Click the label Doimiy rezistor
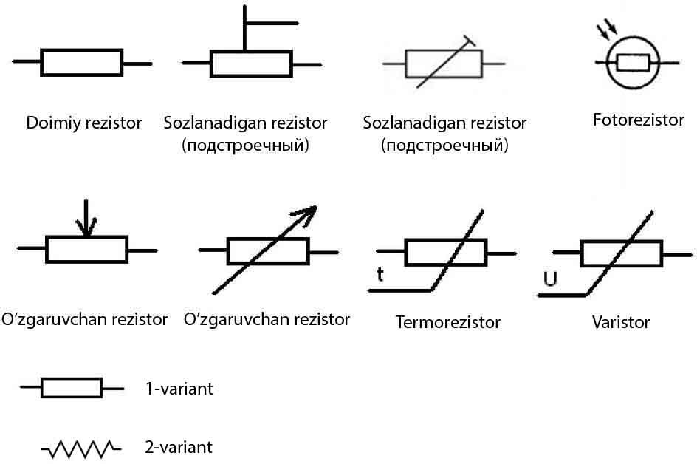tap(83, 123)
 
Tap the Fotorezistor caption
tap(638, 120)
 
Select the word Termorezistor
tap(447, 323)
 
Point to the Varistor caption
tap(620, 323)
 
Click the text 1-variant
tap(179, 389)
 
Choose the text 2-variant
tap(179, 447)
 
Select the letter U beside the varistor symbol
tap(549, 279)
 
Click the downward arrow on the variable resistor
tap(87, 219)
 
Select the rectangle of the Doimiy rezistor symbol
tap(81, 63)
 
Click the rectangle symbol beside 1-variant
tap(71, 388)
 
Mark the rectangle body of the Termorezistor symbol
tap(445, 252)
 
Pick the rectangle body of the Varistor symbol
tap(620, 253)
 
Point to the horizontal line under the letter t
tap(399, 290)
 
